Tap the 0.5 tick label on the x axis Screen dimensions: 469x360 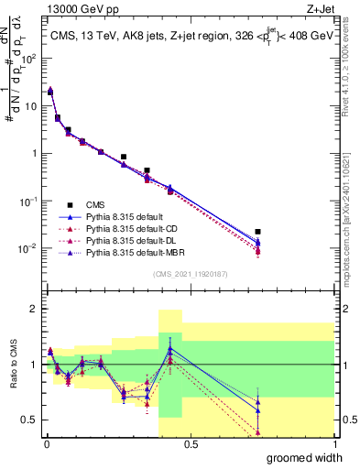pyautogui.click(x=190, y=443)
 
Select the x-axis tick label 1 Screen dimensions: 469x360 pyautogui.click(x=333, y=443)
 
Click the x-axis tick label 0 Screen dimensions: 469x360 pyautogui.click(x=46, y=443)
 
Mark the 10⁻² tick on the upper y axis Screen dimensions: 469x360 pyautogui.click(x=29, y=248)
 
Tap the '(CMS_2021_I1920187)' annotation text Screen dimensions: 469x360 pyautogui.click(x=190, y=273)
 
